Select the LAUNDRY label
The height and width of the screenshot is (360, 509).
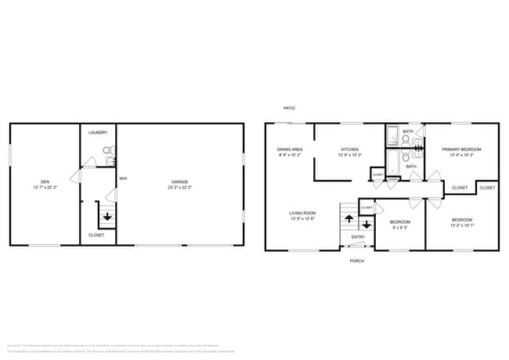[98, 133]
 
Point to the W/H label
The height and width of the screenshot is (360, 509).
[123, 179]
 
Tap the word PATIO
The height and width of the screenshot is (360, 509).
[290, 108]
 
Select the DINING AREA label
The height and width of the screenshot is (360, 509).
[290, 149]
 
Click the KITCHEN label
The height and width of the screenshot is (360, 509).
[349, 149]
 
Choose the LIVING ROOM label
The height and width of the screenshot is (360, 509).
[302, 213]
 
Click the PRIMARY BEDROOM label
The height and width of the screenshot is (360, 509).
[460, 149]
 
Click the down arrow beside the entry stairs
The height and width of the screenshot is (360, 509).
[366, 225]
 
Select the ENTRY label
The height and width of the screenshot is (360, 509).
[358, 237]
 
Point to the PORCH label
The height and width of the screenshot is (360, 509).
[356, 261]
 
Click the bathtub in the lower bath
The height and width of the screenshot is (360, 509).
[394, 161]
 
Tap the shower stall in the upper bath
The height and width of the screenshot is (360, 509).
[393, 136]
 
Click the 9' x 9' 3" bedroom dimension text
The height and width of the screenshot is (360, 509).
[399, 227]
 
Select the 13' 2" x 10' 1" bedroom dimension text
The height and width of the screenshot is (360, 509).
[461, 227]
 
